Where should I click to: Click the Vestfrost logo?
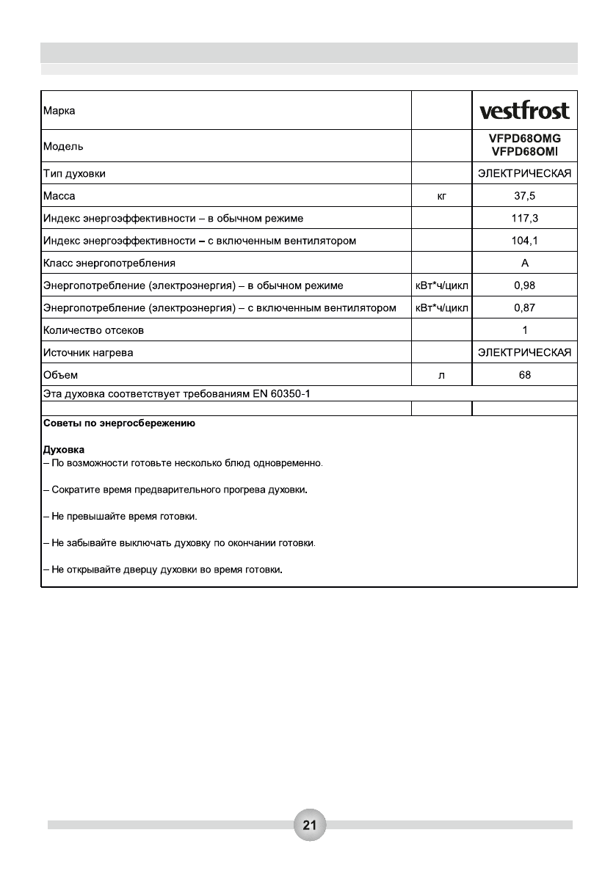pyautogui.click(x=524, y=111)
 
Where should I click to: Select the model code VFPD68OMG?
pyautogui.click(x=524, y=139)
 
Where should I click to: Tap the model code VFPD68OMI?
pyautogui.click(x=524, y=151)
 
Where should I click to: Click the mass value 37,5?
pyautogui.click(x=524, y=196)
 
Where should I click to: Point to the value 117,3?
pyautogui.click(x=524, y=219)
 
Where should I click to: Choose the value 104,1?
pyautogui.click(x=524, y=241)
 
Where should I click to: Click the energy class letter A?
pyautogui.click(x=525, y=263)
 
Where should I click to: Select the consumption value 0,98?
pyautogui.click(x=524, y=285)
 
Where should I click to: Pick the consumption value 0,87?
pyautogui.click(x=524, y=307)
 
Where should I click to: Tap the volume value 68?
pyautogui.click(x=524, y=375)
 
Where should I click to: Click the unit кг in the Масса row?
pyautogui.click(x=441, y=197)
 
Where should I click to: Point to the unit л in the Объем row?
pyautogui.click(x=441, y=376)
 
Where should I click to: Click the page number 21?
pyautogui.click(x=309, y=825)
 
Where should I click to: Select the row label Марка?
pyautogui.click(x=59, y=112)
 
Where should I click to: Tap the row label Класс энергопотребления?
pyautogui.click(x=109, y=263)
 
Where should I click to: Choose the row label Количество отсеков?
pyautogui.click(x=93, y=330)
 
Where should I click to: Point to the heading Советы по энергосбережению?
pyautogui.click(x=119, y=424)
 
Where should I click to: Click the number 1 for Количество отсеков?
pyautogui.click(x=525, y=330)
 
